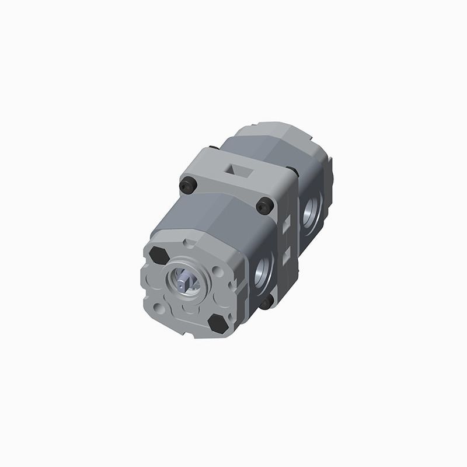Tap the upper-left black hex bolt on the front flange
[158, 255]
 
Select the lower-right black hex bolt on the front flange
[218, 323]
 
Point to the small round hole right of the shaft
[218, 272]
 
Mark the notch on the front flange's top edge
[185, 242]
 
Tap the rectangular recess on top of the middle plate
[239, 169]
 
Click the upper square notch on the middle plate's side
[287, 225]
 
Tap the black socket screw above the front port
[264, 205]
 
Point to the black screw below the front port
[266, 302]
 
